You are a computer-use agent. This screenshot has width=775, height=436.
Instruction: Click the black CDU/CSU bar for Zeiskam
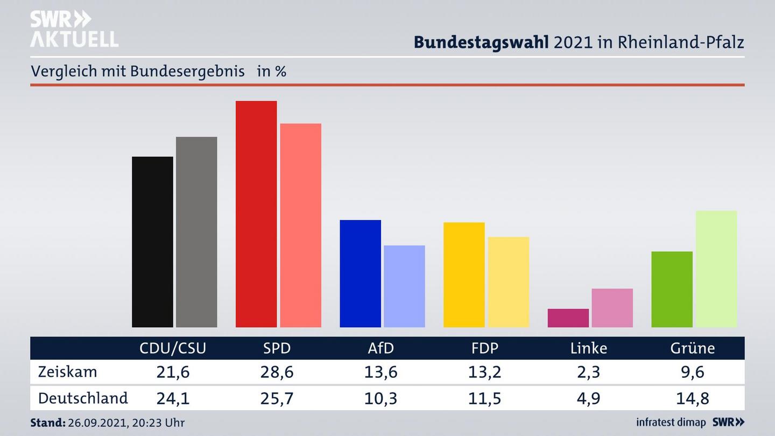coord(152,242)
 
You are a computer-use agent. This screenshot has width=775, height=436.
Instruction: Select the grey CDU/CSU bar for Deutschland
coord(196,232)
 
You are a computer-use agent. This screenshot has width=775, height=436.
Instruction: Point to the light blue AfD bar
coord(404,286)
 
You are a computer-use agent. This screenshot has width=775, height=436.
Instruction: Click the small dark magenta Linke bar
coord(568,318)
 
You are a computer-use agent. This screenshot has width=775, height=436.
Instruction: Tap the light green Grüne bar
coord(716,269)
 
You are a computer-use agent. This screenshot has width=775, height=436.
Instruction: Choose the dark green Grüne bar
coord(672,289)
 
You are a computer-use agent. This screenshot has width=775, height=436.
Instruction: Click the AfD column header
coord(381,348)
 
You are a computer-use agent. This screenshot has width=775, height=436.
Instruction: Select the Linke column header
coord(588,348)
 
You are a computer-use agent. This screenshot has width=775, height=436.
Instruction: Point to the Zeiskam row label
coord(67,372)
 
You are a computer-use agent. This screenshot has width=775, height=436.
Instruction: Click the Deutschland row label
coord(83,398)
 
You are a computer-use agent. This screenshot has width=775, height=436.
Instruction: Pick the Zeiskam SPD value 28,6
coord(277,372)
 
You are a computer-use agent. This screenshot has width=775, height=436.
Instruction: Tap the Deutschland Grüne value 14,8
coord(692,398)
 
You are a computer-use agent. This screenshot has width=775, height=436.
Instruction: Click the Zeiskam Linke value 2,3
coord(588,372)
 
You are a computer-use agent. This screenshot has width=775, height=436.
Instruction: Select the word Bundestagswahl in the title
coord(481,42)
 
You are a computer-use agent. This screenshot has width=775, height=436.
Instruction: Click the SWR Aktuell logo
coord(74,29)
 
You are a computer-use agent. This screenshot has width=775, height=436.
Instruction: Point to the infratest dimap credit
coord(671,423)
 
